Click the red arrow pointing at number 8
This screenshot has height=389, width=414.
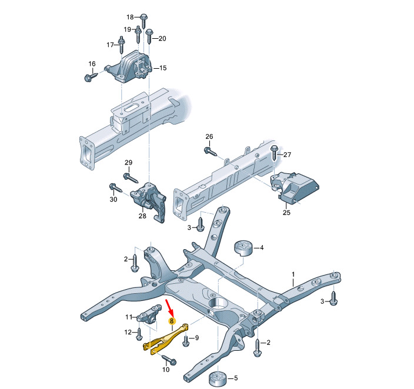coord(170,308)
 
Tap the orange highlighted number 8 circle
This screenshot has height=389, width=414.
coord(172,321)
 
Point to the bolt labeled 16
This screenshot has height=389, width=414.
coord(91,76)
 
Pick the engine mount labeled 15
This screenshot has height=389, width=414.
coord(129,68)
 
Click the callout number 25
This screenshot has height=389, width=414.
coord(286,213)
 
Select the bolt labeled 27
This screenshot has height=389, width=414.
coord(275,152)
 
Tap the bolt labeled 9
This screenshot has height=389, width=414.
coord(186,340)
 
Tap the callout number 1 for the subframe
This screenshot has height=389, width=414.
coord(293,274)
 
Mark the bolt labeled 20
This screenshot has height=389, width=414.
coord(149,36)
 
